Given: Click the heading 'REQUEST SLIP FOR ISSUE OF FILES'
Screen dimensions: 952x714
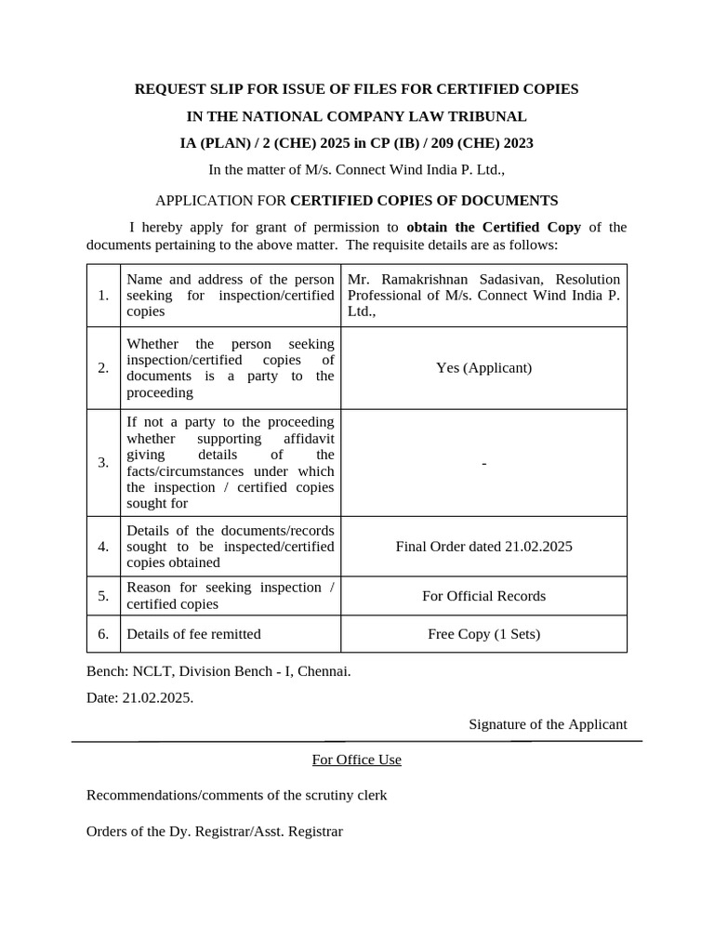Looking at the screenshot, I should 356,89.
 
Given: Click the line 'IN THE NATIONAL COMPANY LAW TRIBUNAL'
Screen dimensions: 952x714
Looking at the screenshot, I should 356,116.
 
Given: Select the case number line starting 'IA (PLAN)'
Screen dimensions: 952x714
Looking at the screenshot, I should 356,143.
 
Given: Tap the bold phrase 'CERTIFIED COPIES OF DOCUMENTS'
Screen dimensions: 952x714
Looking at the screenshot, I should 424,200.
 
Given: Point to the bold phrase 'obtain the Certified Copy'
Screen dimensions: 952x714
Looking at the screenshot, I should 494,227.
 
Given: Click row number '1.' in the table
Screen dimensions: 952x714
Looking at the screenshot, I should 103,296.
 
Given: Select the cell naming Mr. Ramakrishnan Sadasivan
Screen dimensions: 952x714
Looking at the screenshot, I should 483,296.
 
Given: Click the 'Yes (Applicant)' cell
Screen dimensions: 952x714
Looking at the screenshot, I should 483,367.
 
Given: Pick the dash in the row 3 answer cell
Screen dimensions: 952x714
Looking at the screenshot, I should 483,463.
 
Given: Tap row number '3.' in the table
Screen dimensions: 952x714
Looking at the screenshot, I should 103,463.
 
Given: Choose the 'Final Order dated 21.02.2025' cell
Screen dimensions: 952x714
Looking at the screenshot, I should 483,547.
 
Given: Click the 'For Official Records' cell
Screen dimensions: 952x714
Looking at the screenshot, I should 483,596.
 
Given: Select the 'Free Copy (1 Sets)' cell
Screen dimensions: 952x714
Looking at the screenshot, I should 483,634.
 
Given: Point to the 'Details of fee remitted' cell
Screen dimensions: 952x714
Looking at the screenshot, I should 193,634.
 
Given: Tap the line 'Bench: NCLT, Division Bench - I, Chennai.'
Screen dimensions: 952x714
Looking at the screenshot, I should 218,670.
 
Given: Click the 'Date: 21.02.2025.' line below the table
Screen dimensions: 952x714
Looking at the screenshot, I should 139,697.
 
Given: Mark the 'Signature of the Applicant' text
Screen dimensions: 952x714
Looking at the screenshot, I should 548,724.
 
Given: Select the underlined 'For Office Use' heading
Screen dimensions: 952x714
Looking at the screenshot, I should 356,760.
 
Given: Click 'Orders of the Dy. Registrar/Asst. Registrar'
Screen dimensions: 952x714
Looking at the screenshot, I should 215,831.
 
